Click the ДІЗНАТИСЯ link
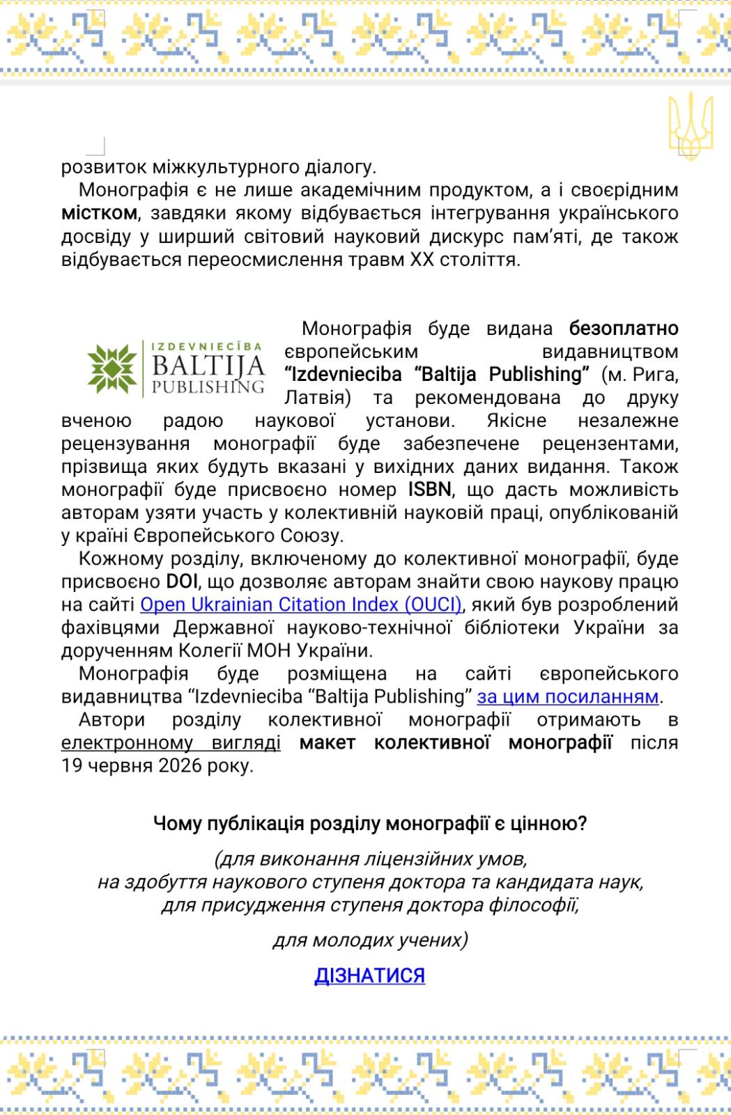click(369, 975)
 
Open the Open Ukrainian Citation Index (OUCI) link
click(301, 605)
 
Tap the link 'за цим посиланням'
click(567, 696)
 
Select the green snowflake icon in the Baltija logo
click(111, 368)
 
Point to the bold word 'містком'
click(99, 213)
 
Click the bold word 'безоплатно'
click(623, 328)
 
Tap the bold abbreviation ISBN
click(429, 490)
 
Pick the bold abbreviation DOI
click(182, 582)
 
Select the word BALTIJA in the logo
click(208, 366)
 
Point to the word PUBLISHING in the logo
click(208, 387)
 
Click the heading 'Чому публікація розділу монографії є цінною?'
click(370, 824)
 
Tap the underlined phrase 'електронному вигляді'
click(171, 742)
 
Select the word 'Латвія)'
click(317, 397)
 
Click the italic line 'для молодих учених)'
click(370, 940)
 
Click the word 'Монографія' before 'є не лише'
click(133, 190)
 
